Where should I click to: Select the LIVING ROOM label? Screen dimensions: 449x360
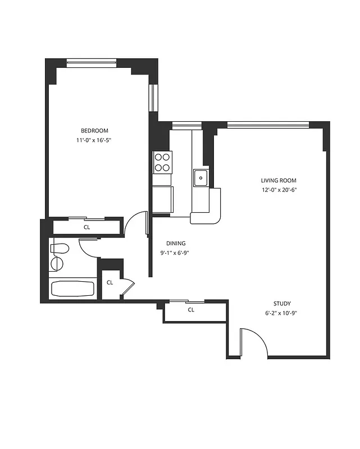278,180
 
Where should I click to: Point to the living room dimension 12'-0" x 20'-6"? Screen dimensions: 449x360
278,190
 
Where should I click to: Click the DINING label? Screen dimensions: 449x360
176,243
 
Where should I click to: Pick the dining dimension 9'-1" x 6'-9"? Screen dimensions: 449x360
176,252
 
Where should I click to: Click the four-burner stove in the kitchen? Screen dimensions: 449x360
163,162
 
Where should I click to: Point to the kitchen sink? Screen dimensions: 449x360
200,178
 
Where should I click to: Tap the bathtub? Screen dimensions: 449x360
72,288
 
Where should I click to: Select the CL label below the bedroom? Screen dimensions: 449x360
87,227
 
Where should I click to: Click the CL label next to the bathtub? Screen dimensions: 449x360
110,282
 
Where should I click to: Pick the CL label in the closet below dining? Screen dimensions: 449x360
191,309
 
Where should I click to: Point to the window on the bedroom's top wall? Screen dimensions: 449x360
91,62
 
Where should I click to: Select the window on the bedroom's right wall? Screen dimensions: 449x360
152,98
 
